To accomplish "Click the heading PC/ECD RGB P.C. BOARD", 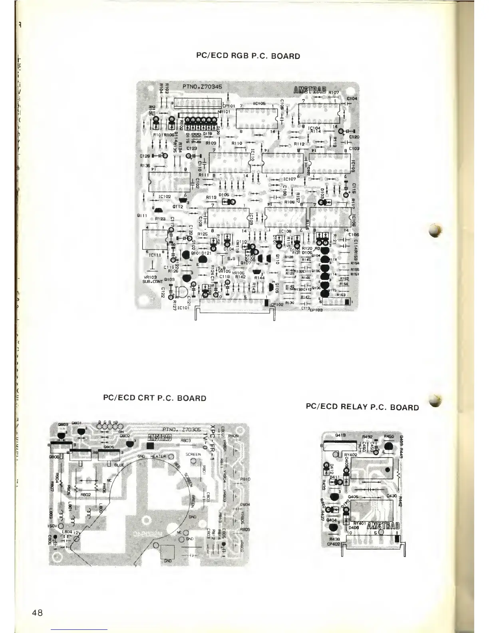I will (x=248, y=56).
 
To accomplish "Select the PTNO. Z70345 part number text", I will (x=199, y=86).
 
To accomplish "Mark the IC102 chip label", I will (x=165, y=197).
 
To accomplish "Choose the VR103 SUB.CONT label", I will (x=151, y=279).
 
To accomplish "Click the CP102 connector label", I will (x=276, y=305).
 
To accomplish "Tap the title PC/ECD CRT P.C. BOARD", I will (x=155, y=398).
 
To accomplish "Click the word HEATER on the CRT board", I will (x=158, y=456).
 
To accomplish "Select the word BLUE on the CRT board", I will (x=119, y=465).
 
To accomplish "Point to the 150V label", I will (x=53, y=526).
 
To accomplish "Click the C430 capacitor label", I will (x=392, y=497).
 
